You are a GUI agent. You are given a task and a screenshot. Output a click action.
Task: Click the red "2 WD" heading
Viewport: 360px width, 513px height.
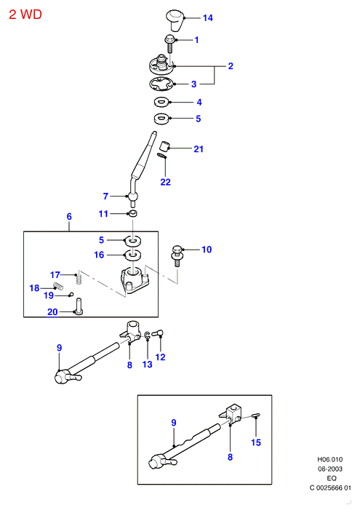click(25, 15)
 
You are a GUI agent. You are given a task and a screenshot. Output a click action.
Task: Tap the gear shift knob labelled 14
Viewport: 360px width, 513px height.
click(175, 20)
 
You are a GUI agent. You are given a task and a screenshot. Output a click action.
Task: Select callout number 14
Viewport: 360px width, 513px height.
click(207, 17)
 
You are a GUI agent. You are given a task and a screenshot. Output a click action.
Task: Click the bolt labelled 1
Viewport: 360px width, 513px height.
click(170, 44)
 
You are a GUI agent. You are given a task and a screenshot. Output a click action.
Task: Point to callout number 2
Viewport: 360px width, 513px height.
click(231, 66)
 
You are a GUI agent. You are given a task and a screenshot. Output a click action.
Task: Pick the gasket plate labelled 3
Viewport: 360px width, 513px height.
click(161, 84)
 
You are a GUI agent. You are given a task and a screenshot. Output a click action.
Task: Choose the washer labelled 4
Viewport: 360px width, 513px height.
click(161, 102)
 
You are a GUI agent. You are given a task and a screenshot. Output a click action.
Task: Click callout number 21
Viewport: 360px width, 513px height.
click(199, 149)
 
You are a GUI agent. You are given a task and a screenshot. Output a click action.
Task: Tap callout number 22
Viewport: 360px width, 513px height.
click(165, 182)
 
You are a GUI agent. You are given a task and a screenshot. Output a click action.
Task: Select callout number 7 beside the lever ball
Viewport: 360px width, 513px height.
click(105, 196)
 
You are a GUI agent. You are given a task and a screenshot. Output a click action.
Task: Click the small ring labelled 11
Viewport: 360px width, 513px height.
click(132, 214)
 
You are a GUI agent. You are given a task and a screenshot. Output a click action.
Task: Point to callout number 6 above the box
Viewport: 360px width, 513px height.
click(69, 216)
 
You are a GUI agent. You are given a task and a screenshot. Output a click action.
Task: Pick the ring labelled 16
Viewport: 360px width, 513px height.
click(133, 254)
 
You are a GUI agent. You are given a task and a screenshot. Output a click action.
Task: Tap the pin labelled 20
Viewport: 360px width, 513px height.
click(79, 306)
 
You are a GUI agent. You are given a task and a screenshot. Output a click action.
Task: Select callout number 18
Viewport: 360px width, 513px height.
click(34, 288)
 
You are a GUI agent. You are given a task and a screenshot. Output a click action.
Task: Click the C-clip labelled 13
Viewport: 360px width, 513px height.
click(148, 335)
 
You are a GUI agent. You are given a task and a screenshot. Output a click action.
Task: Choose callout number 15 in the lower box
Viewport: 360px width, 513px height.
click(256, 442)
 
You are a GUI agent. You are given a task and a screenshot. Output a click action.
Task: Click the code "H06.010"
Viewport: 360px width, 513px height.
click(330, 459)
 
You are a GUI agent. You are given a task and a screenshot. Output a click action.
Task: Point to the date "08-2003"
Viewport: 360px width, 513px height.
click(330, 469)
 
